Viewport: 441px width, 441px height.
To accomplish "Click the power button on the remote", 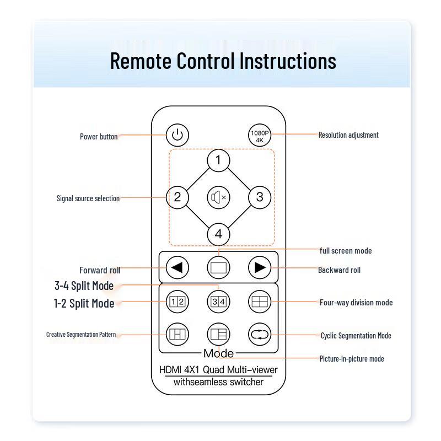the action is pyautogui.click(x=177, y=135).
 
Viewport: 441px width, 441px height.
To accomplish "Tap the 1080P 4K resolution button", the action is pyautogui.click(x=260, y=135).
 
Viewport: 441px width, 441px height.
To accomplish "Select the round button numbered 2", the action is pyautogui.click(x=177, y=197).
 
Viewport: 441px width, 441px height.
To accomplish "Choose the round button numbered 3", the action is pyautogui.click(x=260, y=197).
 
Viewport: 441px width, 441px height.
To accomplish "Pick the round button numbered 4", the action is pyautogui.click(x=218, y=234).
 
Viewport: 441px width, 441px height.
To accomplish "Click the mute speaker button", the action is pyautogui.click(x=218, y=197).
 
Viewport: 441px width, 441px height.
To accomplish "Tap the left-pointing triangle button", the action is pyautogui.click(x=177, y=267).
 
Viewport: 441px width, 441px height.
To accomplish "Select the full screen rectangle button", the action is pyautogui.click(x=218, y=267).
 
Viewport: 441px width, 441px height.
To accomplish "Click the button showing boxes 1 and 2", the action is pyautogui.click(x=177, y=302).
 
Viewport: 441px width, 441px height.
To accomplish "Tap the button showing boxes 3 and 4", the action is pyautogui.click(x=218, y=302).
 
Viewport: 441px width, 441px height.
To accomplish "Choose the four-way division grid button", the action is pyautogui.click(x=260, y=302).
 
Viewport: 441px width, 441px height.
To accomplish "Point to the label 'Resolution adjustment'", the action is pyautogui.click(x=348, y=135).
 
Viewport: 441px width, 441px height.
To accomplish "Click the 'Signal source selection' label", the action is pyautogui.click(x=88, y=198).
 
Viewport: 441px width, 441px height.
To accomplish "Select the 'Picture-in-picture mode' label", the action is pyautogui.click(x=352, y=359).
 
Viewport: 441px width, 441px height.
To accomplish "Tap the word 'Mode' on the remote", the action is pyautogui.click(x=218, y=353).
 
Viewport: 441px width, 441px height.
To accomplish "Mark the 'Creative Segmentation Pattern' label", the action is pyautogui.click(x=81, y=335).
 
